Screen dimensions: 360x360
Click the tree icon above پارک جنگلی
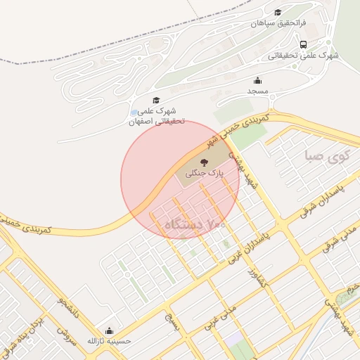pos(204,162)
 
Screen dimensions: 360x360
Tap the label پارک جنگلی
pos(204,173)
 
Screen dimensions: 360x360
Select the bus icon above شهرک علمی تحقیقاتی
pos(303,44)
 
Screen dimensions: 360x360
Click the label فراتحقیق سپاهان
pos(278,23)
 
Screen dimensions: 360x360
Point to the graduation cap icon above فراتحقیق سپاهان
pos(278,13)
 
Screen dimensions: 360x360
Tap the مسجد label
pos(258,91)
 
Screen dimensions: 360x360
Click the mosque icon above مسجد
pos(257,80)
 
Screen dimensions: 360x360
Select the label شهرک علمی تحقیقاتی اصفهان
pos(156,116)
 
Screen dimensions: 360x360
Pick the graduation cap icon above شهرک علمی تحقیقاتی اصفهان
pos(156,101)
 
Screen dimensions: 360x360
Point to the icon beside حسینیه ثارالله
pos(109,330)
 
